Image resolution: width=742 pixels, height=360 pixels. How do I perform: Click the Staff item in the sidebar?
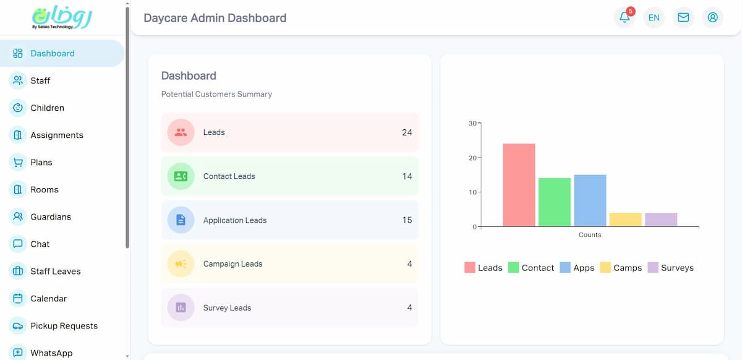click(40, 80)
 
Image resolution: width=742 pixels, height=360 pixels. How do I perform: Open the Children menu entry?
click(47, 108)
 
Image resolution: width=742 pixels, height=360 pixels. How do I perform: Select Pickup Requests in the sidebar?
click(64, 325)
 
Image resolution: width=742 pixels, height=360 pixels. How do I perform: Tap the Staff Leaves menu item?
click(55, 271)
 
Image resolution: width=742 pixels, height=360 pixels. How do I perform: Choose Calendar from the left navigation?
click(48, 298)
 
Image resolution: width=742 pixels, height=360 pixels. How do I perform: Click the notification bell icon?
click(625, 17)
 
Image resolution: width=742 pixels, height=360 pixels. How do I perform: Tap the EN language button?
click(654, 17)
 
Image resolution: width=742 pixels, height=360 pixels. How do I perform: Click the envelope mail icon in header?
click(683, 17)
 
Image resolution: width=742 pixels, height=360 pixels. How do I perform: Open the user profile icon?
click(712, 17)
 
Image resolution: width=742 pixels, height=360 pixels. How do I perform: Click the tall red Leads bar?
click(519, 185)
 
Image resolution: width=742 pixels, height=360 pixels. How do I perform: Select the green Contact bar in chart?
click(554, 202)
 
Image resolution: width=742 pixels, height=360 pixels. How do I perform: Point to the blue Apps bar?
click(590, 200)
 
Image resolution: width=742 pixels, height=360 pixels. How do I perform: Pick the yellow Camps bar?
click(625, 220)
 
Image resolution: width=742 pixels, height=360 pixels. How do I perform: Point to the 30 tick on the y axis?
click(472, 123)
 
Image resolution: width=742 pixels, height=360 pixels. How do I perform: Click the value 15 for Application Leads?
click(407, 220)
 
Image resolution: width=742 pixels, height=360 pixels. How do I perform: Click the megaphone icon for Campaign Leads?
click(181, 264)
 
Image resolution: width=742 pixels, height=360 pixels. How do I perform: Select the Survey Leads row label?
click(227, 308)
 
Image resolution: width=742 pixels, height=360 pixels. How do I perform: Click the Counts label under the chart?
click(590, 235)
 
